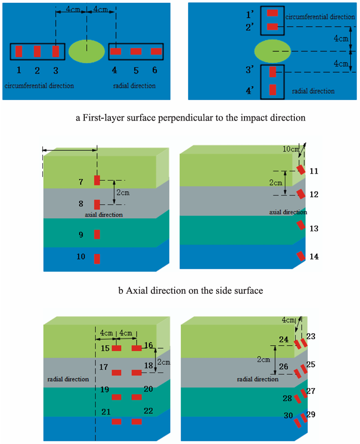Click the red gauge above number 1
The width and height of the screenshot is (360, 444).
point(19,51)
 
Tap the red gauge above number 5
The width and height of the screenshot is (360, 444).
point(136,51)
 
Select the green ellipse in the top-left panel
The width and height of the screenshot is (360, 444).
point(87,51)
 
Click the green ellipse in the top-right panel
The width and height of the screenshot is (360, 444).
point(272,51)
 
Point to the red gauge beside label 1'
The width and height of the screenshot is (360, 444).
point(272,13)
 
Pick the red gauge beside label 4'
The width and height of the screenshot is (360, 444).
point(272,89)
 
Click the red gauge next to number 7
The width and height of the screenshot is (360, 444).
point(97,180)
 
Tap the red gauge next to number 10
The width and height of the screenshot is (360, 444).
point(97,259)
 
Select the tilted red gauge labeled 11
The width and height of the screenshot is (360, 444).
point(301,170)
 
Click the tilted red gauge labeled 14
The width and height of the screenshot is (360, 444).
point(301,256)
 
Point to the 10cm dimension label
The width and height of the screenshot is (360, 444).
point(291,149)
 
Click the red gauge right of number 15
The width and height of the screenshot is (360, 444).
point(116,348)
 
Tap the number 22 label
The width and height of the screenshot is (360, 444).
point(148,411)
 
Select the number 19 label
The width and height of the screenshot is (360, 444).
point(104,390)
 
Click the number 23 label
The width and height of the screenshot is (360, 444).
point(311,336)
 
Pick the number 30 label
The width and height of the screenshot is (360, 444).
point(288,416)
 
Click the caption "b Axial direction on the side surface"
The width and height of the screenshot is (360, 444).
point(190,290)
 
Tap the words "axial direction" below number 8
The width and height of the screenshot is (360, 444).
point(104,215)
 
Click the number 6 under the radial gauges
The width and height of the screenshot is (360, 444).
point(155,70)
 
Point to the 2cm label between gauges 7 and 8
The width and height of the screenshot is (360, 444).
point(123,193)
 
